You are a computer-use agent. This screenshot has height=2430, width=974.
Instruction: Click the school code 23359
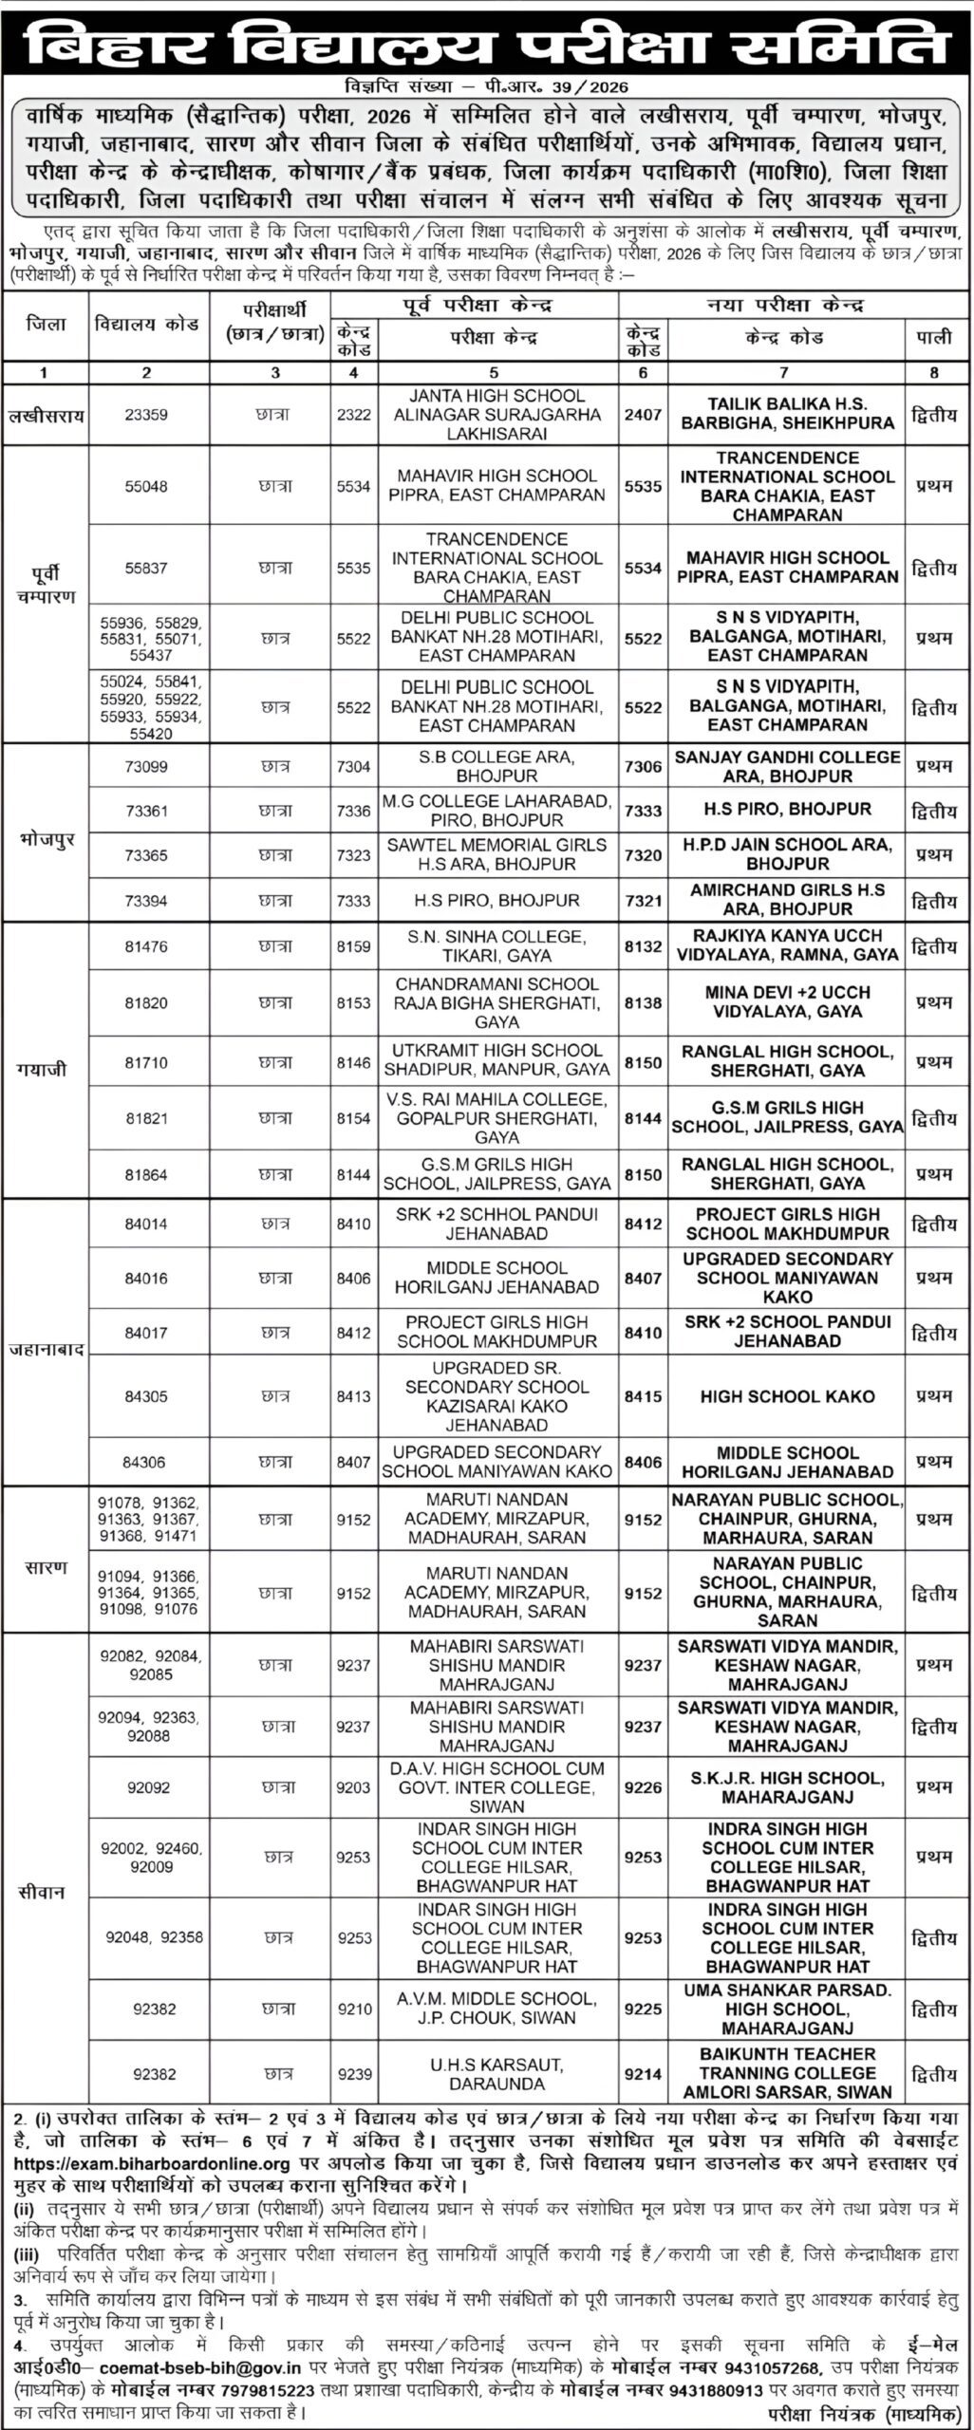146,414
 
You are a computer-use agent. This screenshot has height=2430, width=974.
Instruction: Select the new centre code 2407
643,414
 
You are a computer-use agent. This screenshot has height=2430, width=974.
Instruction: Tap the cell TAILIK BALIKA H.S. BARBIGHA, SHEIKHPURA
787,414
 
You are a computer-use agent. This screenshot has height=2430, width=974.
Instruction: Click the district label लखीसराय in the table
46,414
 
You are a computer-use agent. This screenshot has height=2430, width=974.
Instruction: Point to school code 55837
146,568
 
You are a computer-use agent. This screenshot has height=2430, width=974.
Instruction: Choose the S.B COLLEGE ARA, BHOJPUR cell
497,766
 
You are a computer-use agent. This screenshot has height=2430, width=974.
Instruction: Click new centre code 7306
643,766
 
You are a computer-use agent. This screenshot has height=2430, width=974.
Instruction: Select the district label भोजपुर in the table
46,840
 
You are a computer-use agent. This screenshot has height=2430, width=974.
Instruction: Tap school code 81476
146,945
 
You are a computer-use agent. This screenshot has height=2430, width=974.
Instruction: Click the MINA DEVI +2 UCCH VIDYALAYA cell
787,1001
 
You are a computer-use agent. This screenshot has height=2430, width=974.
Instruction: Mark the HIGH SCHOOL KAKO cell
787,1396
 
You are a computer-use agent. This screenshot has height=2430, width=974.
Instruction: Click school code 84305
146,1396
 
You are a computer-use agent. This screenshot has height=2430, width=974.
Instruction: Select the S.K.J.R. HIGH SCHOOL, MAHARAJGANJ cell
787,1787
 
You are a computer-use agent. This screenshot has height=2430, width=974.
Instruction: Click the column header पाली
934,337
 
